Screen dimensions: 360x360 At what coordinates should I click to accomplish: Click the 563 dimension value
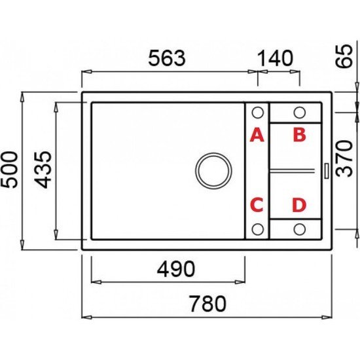(167, 58)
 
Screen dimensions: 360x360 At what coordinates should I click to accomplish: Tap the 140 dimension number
(276, 58)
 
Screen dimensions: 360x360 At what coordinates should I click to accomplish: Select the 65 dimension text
(344, 56)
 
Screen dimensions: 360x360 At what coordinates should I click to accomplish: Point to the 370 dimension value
(344, 158)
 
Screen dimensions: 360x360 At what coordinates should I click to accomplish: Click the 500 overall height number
(9, 170)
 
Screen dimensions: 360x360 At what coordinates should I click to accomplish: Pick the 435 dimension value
(43, 170)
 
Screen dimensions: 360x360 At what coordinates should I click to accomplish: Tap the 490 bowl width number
(176, 269)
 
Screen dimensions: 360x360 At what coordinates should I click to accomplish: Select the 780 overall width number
(207, 304)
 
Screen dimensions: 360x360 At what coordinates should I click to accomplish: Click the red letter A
(257, 135)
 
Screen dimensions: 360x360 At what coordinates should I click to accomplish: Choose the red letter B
(299, 135)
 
